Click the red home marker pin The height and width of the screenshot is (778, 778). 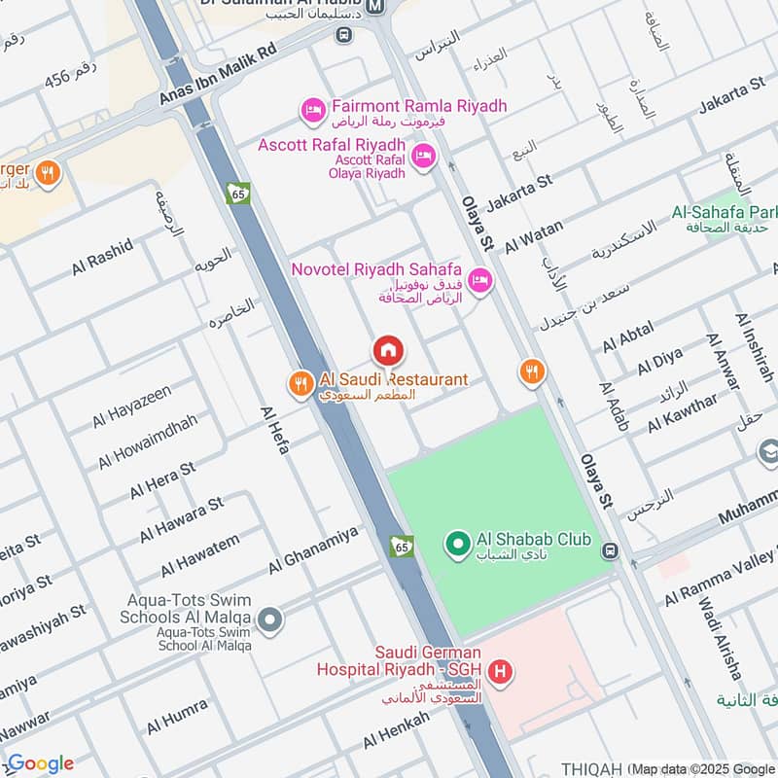pos(387,350)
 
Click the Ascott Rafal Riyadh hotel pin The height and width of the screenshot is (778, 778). pos(423,156)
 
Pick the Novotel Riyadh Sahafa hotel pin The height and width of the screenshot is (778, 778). pos(478,281)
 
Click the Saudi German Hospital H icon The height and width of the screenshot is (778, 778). pos(500,670)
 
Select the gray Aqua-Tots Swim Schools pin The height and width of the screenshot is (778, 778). pos(270,618)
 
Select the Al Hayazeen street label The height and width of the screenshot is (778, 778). pos(132,407)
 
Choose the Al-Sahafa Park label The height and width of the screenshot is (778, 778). pos(725,211)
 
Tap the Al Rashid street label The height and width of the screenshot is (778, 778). pos(101,257)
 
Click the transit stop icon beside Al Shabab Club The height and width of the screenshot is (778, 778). pos(610,551)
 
